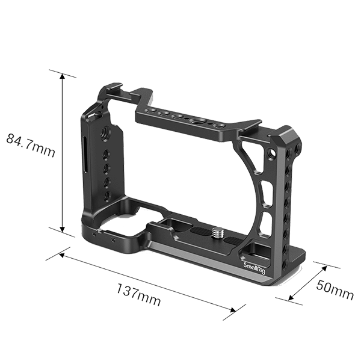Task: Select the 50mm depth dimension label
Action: [x=335, y=291]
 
